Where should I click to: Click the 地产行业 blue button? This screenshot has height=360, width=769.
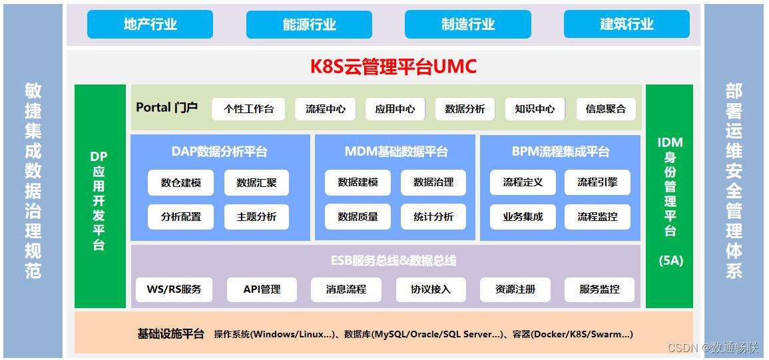(x=150, y=25)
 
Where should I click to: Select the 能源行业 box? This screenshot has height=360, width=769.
(x=309, y=25)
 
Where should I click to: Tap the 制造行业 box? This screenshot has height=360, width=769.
(x=467, y=25)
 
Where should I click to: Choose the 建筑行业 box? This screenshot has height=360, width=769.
(x=627, y=25)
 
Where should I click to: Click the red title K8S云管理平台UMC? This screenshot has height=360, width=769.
(x=393, y=67)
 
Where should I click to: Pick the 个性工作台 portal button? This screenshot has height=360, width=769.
(x=248, y=109)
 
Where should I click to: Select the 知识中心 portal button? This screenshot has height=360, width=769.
(x=535, y=109)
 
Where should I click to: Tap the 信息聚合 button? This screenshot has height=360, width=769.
(x=605, y=109)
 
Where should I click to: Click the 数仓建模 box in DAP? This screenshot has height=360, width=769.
(x=180, y=182)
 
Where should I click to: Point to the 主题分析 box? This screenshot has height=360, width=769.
(x=256, y=217)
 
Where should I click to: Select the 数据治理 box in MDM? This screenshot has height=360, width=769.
(x=433, y=182)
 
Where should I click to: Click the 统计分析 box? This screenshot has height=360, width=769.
(x=433, y=217)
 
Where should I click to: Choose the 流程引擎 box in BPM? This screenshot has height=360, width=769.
(x=597, y=182)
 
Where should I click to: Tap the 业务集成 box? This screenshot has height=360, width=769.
(x=523, y=217)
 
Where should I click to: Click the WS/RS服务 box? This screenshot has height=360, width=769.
(x=174, y=289)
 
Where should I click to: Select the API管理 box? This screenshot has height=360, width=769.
(x=262, y=289)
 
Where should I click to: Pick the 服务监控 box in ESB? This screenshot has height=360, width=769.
(x=599, y=289)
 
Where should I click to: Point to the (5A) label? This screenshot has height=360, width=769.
(x=670, y=261)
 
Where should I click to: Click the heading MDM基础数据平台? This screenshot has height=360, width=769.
(x=395, y=152)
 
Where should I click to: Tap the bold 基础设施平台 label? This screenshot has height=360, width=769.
(x=170, y=334)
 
